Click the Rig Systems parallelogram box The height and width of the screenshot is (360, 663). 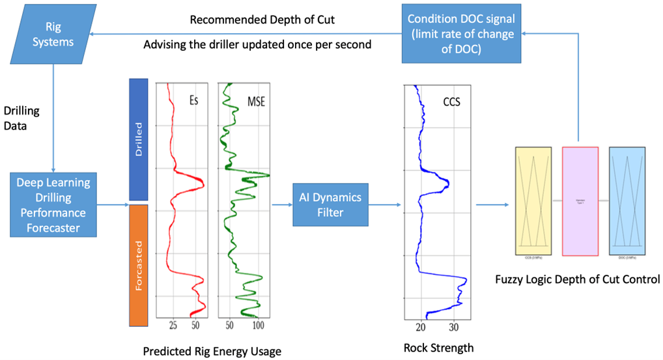click(x=58, y=35)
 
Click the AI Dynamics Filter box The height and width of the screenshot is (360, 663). click(x=330, y=204)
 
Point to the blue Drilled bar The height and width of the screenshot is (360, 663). click(x=140, y=139)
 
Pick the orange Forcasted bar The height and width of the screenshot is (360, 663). click(x=140, y=265)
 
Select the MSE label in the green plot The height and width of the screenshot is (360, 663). click(x=256, y=101)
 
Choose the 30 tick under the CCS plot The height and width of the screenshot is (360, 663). click(x=454, y=327)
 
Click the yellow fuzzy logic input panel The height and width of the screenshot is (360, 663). click(x=533, y=201)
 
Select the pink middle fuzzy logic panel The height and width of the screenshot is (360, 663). click(x=580, y=201)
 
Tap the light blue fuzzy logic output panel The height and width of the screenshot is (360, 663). click(x=627, y=201)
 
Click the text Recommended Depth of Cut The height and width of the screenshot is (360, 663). click(x=262, y=20)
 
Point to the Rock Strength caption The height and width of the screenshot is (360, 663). click(x=438, y=348)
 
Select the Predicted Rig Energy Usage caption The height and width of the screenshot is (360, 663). click(x=212, y=352)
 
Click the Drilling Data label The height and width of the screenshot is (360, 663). click(x=21, y=118)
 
